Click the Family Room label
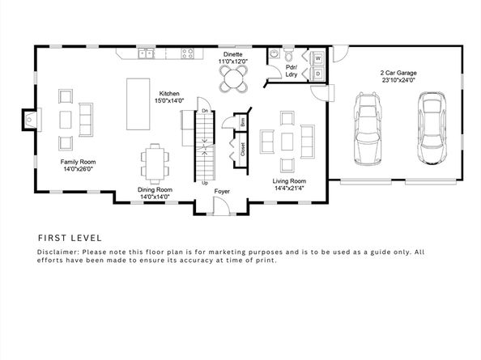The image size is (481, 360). click(x=78, y=162)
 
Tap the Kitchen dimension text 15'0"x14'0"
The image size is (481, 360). click(x=169, y=100)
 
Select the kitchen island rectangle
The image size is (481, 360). click(x=138, y=104)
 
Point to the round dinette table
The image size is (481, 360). click(x=233, y=78)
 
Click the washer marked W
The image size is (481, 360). click(x=317, y=58)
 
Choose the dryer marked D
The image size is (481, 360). click(x=317, y=74)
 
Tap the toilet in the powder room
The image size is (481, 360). click(x=288, y=54)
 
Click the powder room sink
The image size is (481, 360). click(x=274, y=54)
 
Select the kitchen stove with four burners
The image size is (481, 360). click(x=187, y=53)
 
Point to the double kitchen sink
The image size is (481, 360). click(x=146, y=54)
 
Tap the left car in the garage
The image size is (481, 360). click(x=368, y=129)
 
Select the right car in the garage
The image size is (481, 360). click(x=432, y=128)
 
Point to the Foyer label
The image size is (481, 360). click(x=222, y=192)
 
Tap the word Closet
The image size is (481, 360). click(x=243, y=149)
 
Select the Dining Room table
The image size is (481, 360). click(x=155, y=164)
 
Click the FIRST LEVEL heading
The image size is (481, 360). click(x=70, y=238)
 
